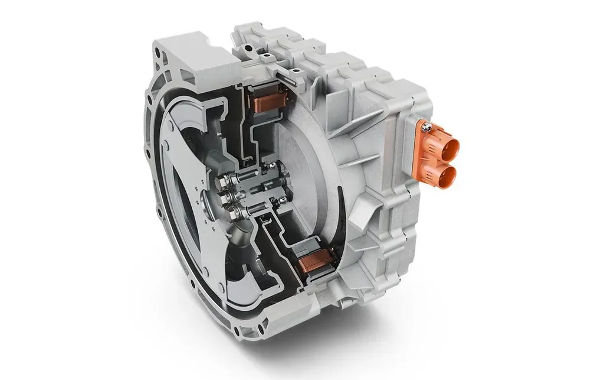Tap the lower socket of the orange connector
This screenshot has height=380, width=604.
pyautogui.click(x=449, y=173)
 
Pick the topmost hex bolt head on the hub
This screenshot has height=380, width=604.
pyautogui.click(x=226, y=178)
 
